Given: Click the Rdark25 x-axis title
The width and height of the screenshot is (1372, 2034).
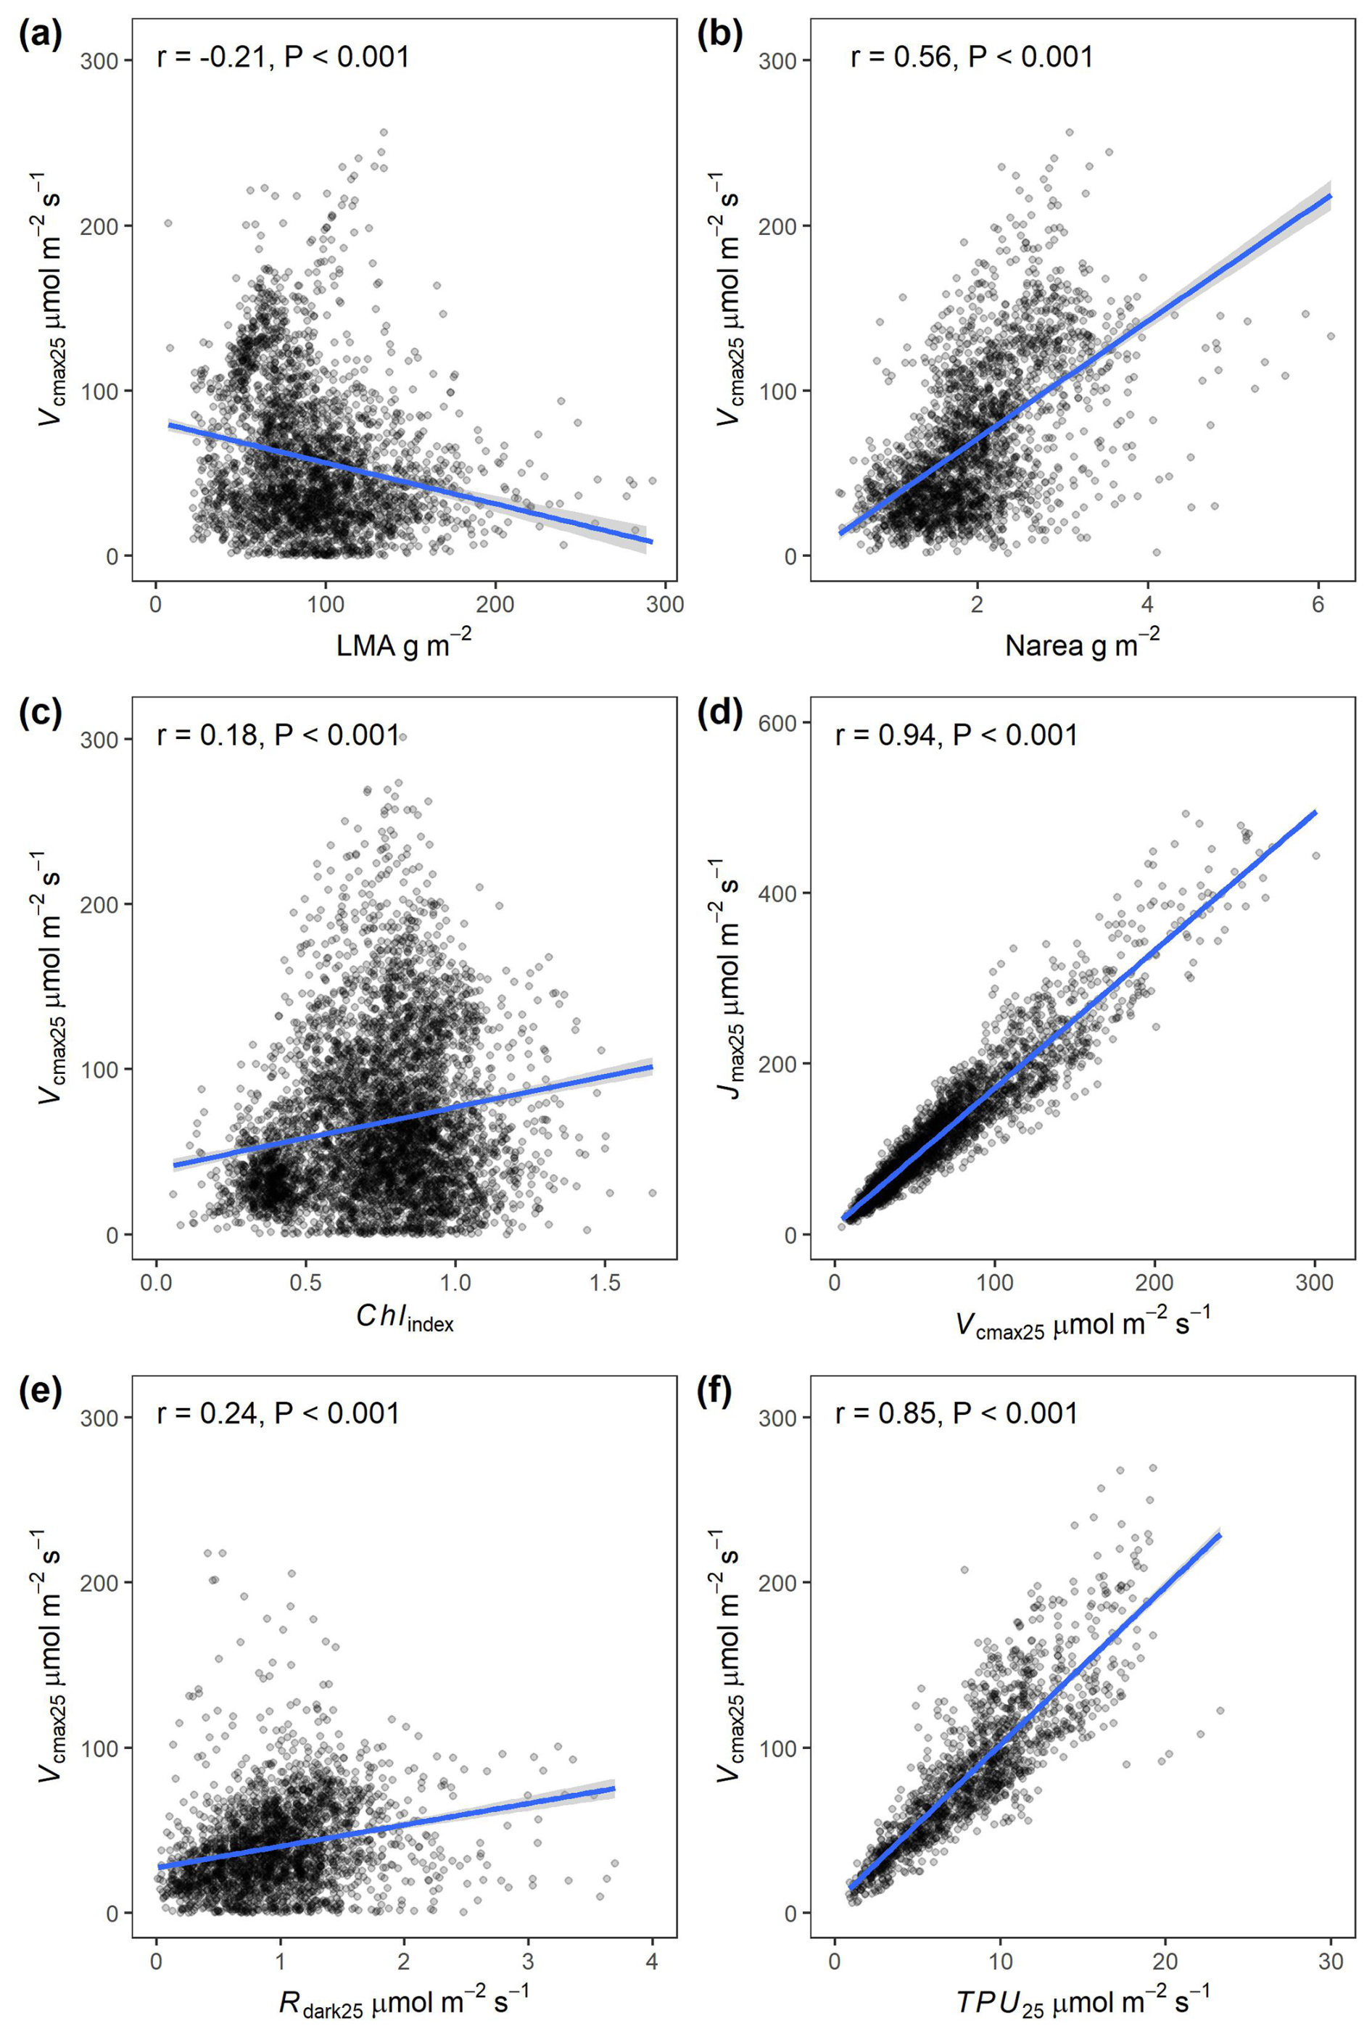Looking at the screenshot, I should click(x=403, y=1999).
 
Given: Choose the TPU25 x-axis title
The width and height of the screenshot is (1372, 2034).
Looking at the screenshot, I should click(x=1083, y=1999).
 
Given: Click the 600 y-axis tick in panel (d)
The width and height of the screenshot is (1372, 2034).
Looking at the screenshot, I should click(x=787, y=723).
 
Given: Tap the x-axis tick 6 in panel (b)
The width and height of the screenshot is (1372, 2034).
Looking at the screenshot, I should click(x=1318, y=605).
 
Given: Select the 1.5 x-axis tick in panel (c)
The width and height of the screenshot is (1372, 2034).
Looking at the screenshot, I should click(x=605, y=1283).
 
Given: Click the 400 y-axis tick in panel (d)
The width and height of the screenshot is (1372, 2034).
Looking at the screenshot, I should click(x=787, y=893).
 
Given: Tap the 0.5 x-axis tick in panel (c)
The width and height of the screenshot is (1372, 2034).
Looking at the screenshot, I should click(x=305, y=1283).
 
